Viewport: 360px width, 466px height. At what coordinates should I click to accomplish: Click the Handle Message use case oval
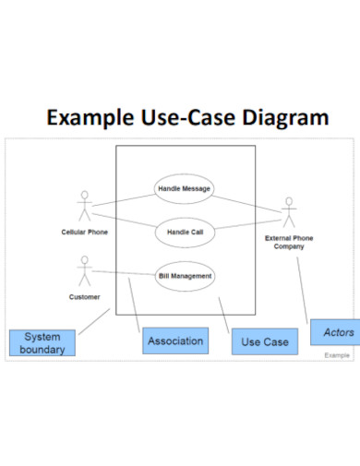[185, 189]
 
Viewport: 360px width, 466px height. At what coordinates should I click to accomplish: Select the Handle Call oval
[185, 233]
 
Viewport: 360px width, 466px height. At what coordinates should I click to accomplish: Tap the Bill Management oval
[185, 275]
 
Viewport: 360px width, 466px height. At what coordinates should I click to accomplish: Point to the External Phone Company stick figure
[288, 213]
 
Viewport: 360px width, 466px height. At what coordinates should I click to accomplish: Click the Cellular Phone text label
[84, 233]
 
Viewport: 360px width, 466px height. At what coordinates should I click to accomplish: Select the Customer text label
[84, 297]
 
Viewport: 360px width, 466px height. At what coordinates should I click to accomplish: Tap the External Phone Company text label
[288, 243]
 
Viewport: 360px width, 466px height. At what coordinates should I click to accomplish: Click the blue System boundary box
[42, 343]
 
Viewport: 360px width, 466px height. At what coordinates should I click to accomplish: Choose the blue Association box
[175, 341]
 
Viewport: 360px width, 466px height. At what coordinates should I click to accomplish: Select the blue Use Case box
[265, 342]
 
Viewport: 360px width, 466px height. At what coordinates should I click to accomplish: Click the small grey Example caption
[337, 355]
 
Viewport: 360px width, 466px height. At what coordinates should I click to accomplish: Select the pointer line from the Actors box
[305, 286]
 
